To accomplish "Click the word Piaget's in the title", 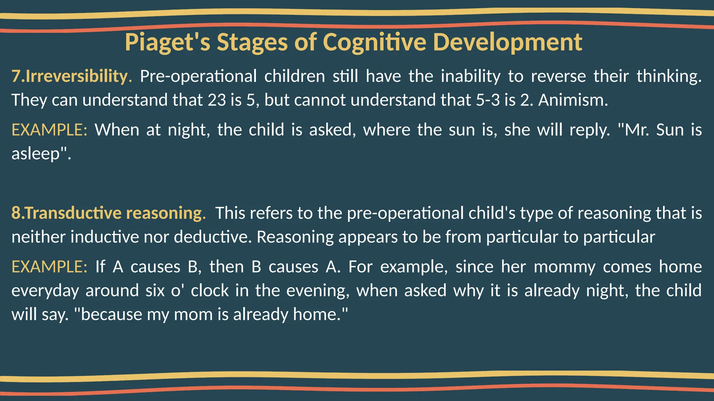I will point(167,42).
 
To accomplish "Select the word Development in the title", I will point(507,42).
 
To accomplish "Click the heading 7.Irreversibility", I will point(71,76).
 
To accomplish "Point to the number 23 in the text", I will point(217,100).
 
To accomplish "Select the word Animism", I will point(573,100).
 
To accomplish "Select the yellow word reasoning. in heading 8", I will point(166,213).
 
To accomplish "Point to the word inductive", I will point(105,237).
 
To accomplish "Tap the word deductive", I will point(213,237).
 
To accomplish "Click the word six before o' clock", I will point(155,290).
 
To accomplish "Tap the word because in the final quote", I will point(110,314).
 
